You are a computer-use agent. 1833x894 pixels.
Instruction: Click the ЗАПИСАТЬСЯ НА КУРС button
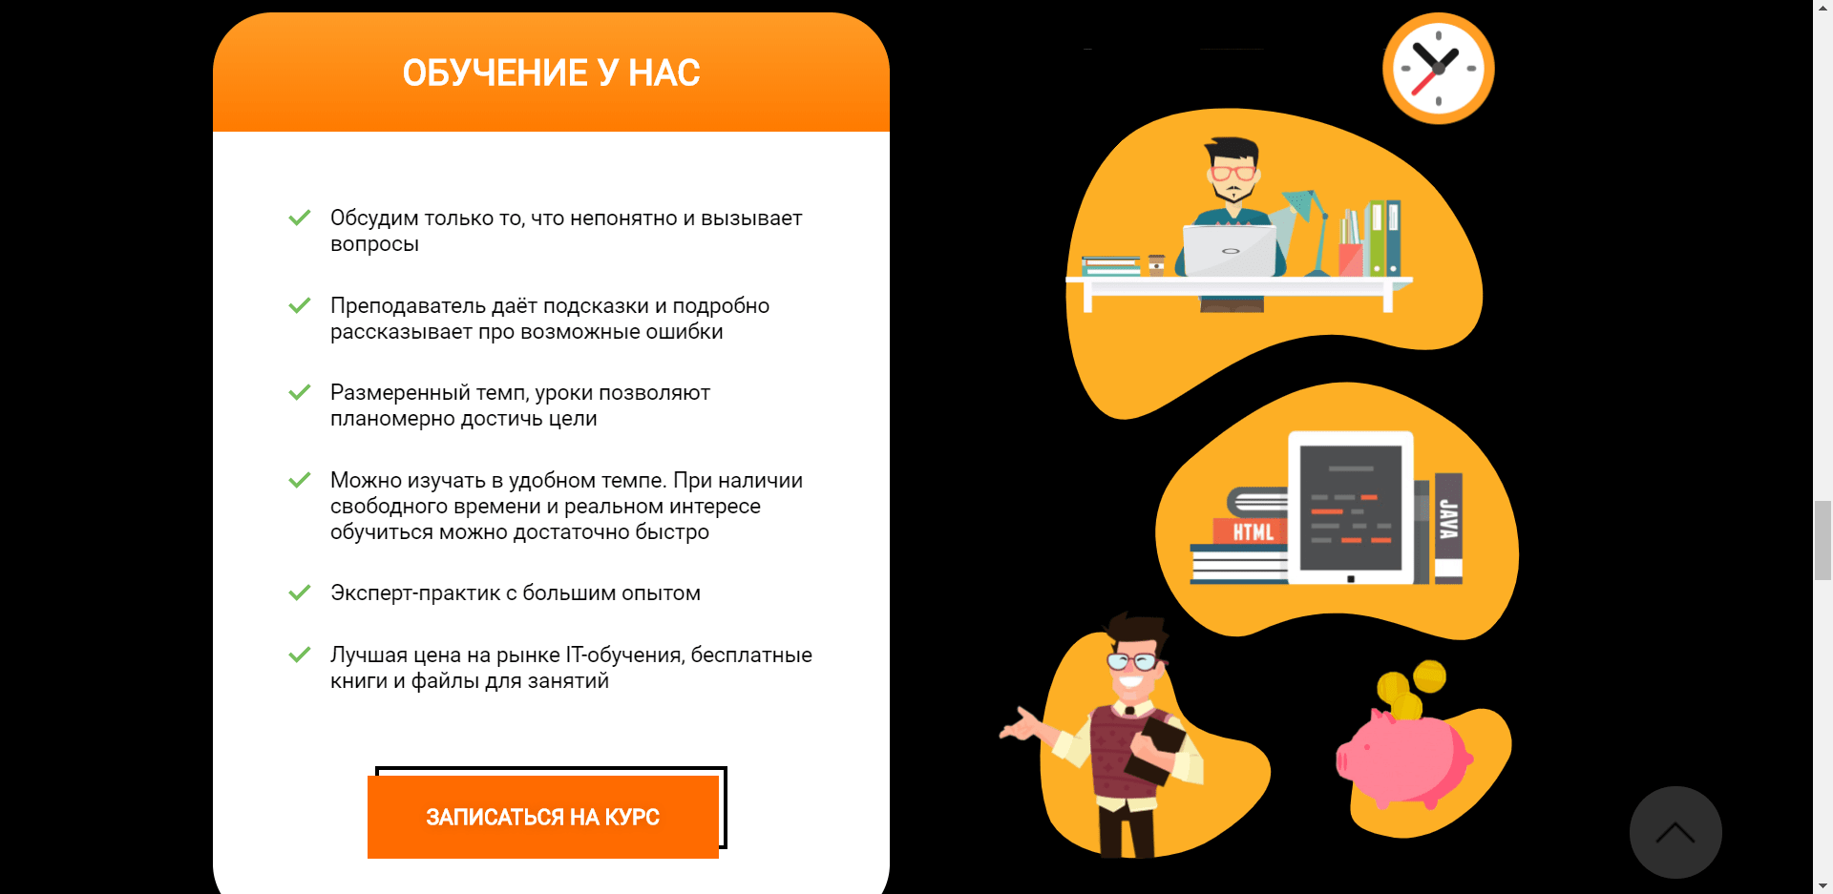coord(542,817)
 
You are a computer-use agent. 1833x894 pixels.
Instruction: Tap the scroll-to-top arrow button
coord(1675,832)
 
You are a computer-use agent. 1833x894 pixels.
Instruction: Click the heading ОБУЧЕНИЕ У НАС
coord(552,73)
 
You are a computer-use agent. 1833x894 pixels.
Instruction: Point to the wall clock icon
coord(1439,68)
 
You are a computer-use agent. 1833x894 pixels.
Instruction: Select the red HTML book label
coord(1251,531)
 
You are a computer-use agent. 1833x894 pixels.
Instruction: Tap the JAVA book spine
coord(1448,528)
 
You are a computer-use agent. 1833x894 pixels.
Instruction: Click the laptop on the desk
coord(1230,250)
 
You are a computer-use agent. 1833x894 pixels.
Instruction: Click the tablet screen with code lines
coord(1350,508)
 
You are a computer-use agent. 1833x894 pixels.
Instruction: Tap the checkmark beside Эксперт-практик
coord(300,593)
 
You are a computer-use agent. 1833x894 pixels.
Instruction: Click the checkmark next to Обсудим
coord(300,218)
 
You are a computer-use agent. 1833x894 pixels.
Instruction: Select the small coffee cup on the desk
coord(1156,265)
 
